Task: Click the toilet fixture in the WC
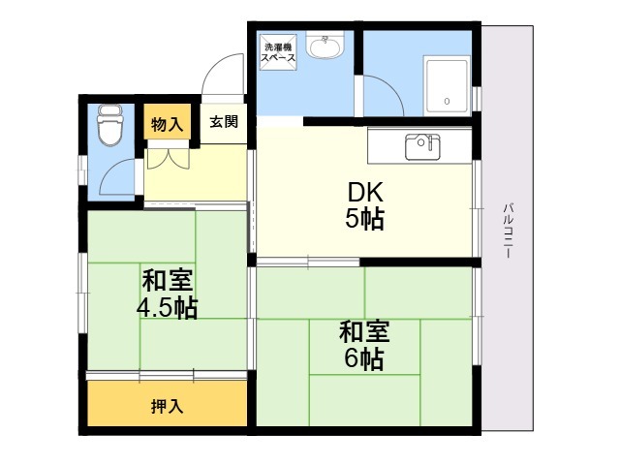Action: pos(110,125)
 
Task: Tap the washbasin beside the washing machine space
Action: pos(325,45)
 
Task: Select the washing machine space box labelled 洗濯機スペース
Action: pos(278,52)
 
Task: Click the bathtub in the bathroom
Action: pos(447,85)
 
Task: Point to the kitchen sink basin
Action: pos(422,146)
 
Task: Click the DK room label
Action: pos(365,193)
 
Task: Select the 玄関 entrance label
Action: pos(224,121)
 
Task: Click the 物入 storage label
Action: pos(168,125)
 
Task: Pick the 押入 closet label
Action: pos(168,406)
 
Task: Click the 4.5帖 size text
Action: pos(167,308)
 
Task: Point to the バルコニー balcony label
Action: pos(509,231)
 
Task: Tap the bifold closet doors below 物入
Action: pos(169,159)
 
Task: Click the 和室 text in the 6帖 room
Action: pos(364,331)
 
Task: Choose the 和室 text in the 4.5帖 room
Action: pos(168,280)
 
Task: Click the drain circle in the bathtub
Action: pos(447,101)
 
